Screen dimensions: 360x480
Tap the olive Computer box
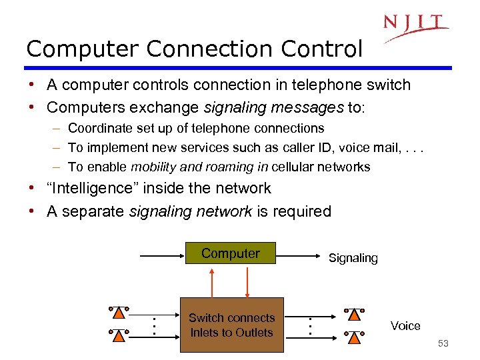coord(231,253)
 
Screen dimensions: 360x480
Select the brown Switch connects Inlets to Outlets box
coord(231,325)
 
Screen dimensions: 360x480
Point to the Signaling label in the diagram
coord(353,258)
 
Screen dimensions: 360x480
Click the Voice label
coord(405,326)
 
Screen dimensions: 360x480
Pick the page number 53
coord(444,344)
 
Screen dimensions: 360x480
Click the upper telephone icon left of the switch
coord(118,313)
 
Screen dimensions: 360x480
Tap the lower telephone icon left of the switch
coord(118,335)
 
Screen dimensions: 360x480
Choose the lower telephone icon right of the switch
coord(354,336)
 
